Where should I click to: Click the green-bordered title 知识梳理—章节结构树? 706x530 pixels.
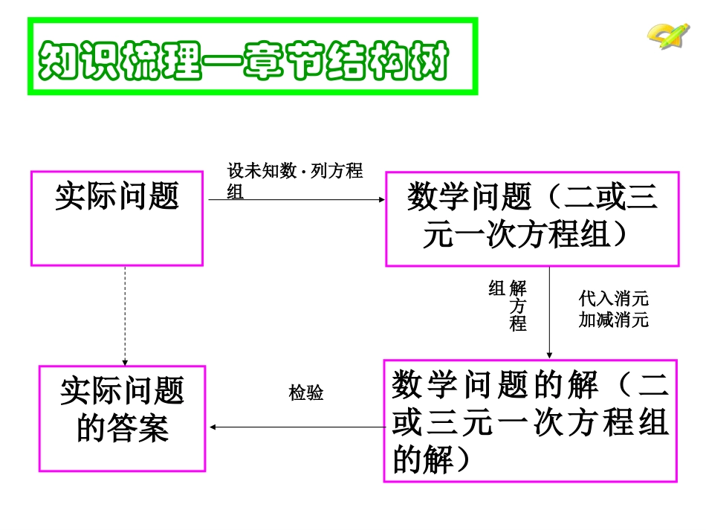click(252, 57)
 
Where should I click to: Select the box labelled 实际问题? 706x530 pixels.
click(117, 219)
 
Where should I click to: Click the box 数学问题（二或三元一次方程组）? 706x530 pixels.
click(532, 219)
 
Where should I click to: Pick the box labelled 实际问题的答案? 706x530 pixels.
click(122, 418)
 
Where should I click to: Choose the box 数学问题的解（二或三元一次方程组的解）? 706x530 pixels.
click(530, 421)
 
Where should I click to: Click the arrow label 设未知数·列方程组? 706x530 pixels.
click(294, 181)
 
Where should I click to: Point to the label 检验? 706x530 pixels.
click(306, 393)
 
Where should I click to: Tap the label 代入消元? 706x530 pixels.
click(614, 299)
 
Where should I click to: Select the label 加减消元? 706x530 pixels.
click(614, 320)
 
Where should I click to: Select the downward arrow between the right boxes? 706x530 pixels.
click(548, 312)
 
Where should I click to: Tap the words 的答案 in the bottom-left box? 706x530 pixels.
click(123, 429)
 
